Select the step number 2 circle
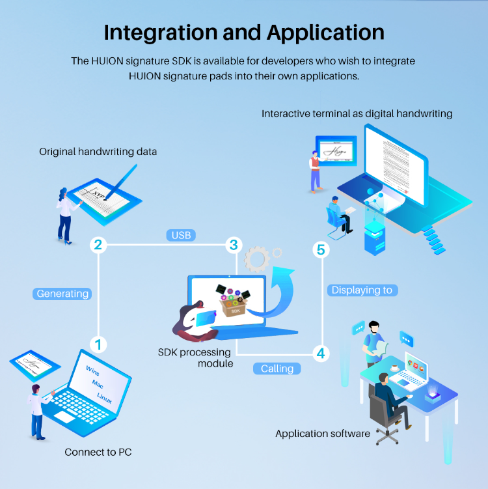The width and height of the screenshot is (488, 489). [98, 245]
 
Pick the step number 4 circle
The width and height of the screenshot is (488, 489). [320, 354]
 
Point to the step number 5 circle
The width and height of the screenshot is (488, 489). [320, 249]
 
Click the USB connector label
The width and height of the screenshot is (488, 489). [181, 234]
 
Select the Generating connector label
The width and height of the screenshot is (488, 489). [62, 294]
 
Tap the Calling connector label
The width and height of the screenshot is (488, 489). [277, 369]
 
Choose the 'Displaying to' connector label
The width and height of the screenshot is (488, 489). [362, 290]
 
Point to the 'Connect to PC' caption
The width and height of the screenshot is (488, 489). [98, 452]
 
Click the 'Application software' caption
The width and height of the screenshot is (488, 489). [323, 433]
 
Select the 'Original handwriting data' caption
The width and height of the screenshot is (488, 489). [98, 152]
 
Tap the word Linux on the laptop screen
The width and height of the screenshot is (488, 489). [104, 398]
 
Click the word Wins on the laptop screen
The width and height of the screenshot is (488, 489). [93, 371]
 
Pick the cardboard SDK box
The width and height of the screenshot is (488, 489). [235, 305]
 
